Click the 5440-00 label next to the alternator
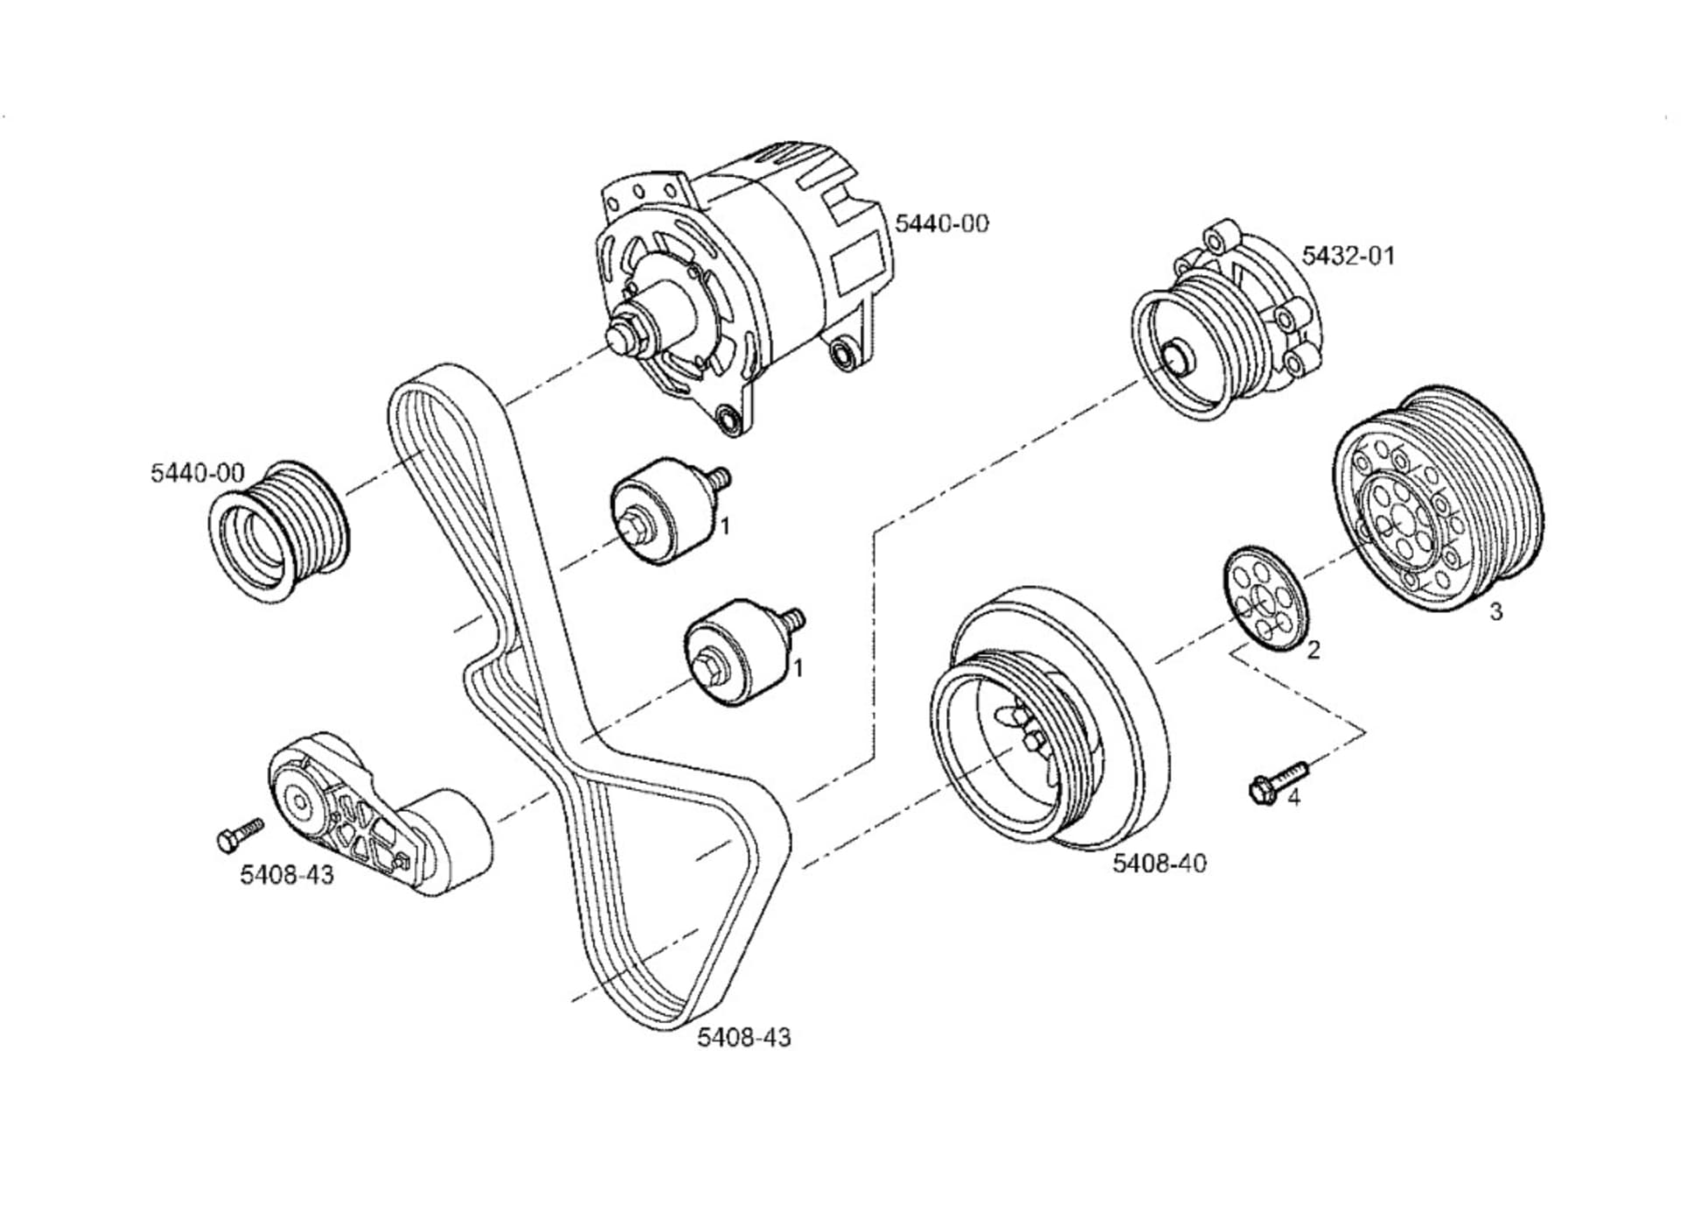[x=941, y=223]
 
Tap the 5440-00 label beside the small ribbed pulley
[x=197, y=473]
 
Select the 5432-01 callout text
[x=1347, y=256]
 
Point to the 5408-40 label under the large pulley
[x=1158, y=863]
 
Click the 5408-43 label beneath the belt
[x=743, y=1037]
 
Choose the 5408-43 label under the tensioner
[x=287, y=874]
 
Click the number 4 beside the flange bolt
[x=1293, y=798]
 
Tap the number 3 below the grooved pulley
[x=1496, y=611]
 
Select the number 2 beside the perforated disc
[x=1312, y=650]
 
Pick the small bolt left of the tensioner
[x=238, y=834]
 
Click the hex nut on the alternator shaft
[x=623, y=336]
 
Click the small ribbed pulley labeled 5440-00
[x=278, y=532]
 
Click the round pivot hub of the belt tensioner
[x=300, y=800]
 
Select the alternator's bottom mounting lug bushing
[x=728, y=420]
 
